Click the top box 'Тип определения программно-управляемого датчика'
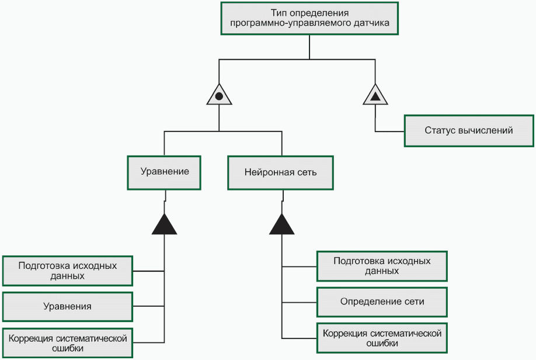[309, 19]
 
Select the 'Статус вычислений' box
[469, 130]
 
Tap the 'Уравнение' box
[164, 172]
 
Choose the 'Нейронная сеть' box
[280, 172]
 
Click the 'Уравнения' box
[67, 306]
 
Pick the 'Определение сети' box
[382, 302]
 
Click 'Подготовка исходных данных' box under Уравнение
[67, 271]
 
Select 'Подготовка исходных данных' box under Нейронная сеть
[382, 266]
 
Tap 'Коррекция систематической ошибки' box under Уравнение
[67, 343]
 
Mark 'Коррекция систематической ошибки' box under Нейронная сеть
[382, 338]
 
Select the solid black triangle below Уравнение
[164, 225]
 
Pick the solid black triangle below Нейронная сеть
[281, 225]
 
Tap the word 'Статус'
[440, 130]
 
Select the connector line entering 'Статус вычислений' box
[390, 130]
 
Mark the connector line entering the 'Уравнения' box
[148, 306]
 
